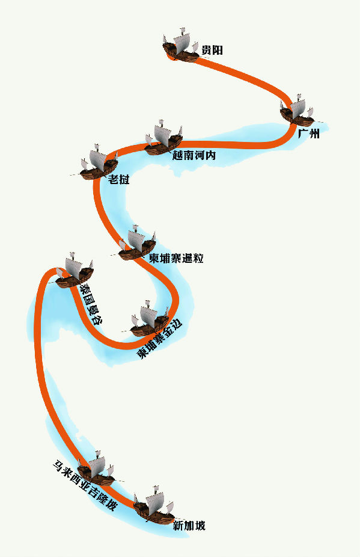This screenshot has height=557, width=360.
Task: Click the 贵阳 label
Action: click(212, 50)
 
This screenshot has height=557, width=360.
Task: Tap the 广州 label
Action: click(308, 134)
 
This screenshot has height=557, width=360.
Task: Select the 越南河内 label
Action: click(194, 155)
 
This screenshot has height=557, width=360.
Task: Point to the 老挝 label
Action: click(119, 179)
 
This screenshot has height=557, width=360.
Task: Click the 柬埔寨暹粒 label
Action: click(176, 258)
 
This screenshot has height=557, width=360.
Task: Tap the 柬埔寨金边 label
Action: click(159, 339)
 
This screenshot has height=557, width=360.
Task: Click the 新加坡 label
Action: click(189, 525)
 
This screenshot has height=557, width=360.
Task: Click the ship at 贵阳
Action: click(181, 46)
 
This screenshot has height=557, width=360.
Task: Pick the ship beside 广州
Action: click(297, 111)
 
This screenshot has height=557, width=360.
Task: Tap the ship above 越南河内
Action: click(163, 138)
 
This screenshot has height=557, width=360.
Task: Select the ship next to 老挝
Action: click(99, 162)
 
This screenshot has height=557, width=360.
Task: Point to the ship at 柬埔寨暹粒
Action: click(137, 243)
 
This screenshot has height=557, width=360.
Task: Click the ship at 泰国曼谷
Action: click(75, 271)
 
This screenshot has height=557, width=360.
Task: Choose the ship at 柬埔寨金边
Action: click(150, 319)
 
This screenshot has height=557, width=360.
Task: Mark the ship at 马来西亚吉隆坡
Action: click(96, 469)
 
